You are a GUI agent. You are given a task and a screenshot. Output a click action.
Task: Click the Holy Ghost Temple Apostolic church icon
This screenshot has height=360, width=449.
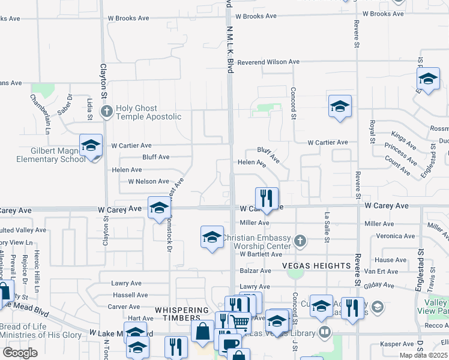coord(107,111)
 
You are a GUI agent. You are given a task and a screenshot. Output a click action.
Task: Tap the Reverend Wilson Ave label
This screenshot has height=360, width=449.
coord(268,62)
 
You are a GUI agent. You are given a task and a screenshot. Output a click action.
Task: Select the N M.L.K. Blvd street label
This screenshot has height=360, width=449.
coord(230,48)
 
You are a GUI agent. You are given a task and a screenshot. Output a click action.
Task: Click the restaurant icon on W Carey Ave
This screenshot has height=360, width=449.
coord(267,197)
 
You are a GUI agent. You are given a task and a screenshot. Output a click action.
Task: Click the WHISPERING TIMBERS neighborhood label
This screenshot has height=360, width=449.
coord(177,310)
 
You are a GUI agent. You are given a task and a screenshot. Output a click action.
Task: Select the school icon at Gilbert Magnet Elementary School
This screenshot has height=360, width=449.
coord(91,146)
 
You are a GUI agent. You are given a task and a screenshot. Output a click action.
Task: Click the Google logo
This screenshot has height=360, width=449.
coord(20,352)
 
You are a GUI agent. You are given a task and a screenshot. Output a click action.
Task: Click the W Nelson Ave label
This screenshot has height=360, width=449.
coord(148,181)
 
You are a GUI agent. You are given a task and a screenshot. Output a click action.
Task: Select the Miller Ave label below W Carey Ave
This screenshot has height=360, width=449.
coord(255,223)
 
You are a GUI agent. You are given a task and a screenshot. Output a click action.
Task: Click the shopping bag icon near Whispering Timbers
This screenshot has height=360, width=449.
coord(203,330)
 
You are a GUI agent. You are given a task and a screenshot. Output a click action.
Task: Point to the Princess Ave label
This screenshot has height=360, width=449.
coord(401,154)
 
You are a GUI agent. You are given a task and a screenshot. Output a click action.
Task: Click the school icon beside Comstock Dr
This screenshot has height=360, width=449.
coord(159,208)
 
